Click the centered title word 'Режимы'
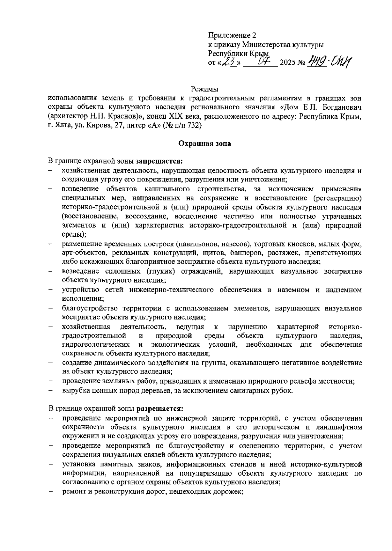(204, 89)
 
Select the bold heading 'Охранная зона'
(204, 143)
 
